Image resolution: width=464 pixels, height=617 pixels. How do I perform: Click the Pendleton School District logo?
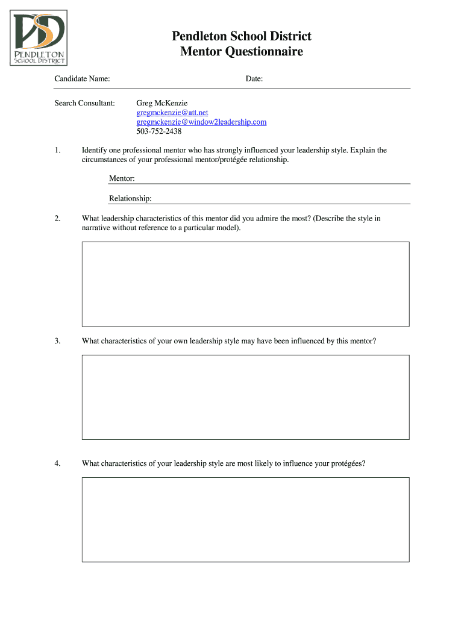(40, 37)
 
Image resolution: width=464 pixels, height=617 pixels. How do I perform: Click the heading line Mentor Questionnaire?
(242, 52)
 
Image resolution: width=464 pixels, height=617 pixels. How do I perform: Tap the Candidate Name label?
(82, 79)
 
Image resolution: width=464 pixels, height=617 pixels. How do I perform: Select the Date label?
(254, 79)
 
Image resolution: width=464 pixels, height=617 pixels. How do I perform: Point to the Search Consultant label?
(84, 103)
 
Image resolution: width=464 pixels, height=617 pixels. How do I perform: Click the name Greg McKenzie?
(162, 103)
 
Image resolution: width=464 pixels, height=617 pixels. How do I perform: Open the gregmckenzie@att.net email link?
(172, 113)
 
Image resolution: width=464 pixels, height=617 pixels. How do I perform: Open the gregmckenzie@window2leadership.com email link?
(201, 122)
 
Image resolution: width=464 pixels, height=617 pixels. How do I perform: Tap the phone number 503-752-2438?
(158, 131)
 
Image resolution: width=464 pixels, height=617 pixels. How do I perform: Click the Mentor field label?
(122, 178)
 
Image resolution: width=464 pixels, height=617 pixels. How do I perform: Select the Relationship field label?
(130, 198)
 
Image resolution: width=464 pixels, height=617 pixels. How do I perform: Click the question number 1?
(57, 150)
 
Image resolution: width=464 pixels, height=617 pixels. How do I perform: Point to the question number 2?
(57, 219)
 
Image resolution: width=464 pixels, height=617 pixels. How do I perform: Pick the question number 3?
(57, 341)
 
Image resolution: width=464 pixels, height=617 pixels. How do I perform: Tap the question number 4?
(57, 463)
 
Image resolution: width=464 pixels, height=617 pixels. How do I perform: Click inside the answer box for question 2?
(245, 284)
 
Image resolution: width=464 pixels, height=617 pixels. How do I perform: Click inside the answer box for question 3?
(245, 396)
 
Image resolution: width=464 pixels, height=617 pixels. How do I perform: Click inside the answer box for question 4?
(245, 519)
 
